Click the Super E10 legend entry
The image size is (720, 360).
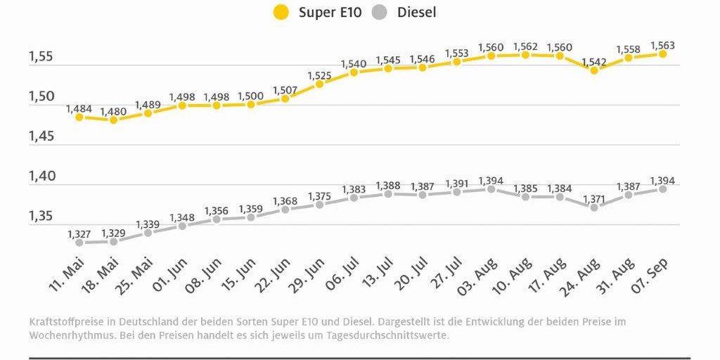pos(317,12)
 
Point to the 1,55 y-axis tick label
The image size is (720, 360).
pos(41,56)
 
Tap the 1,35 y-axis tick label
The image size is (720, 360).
pos(41,216)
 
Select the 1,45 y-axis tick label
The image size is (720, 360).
pos(41,136)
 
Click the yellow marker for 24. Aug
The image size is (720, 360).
pos(594,70)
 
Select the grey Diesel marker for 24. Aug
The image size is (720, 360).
pos(594,207)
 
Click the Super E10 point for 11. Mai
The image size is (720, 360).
pos(79,117)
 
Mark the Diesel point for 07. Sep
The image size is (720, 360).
pos(662,189)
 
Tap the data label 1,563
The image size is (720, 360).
pos(662,45)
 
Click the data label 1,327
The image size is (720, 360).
pos(79,233)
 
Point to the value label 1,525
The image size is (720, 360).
pos(319,75)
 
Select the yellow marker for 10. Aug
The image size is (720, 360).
pos(525,54)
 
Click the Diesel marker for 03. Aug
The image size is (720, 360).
pos(491,189)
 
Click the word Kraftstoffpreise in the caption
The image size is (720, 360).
pos(63,321)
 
